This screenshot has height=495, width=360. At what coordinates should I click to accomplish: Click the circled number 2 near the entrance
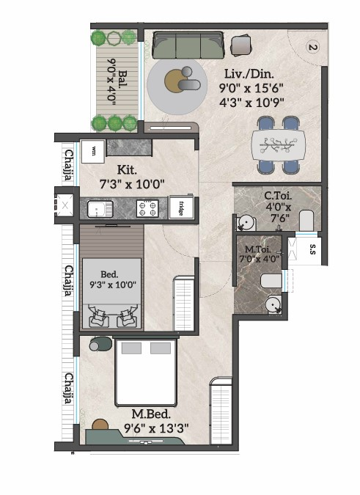click(x=312, y=48)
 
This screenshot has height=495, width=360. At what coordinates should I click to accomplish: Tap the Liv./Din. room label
click(x=249, y=74)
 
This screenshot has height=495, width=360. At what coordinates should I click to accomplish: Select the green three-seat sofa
click(x=188, y=45)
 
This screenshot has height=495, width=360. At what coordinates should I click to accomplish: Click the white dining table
click(x=279, y=145)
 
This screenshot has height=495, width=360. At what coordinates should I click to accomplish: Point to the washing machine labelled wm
click(x=93, y=152)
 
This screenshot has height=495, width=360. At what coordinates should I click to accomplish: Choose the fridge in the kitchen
click(x=181, y=208)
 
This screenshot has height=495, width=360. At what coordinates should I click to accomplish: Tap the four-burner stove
click(x=147, y=208)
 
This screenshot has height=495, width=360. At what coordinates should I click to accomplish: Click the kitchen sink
click(x=100, y=209)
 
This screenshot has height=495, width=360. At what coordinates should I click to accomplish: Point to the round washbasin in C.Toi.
click(x=246, y=223)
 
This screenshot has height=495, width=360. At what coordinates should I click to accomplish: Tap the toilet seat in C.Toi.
click(x=306, y=221)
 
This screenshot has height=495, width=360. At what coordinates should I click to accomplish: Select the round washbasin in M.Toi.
click(x=273, y=304)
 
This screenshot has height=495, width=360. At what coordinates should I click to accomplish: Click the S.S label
click(x=312, y=249)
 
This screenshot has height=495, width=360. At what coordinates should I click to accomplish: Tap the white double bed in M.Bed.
click(x=145, y=373)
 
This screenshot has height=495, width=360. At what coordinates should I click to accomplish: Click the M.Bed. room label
click(x=151, y=414)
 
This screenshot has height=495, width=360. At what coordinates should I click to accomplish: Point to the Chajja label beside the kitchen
click(x=69, y=164)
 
